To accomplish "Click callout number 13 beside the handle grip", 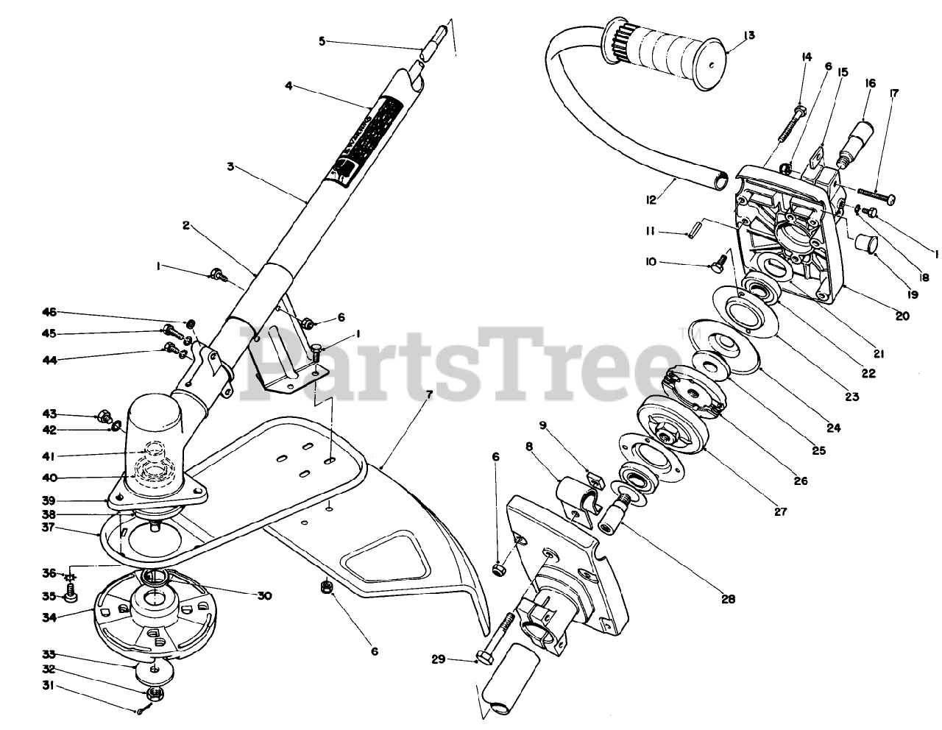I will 748,35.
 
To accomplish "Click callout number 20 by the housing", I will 902,316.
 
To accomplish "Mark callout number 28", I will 728,599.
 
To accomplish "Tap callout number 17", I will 894,93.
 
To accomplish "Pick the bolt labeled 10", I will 718,258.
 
